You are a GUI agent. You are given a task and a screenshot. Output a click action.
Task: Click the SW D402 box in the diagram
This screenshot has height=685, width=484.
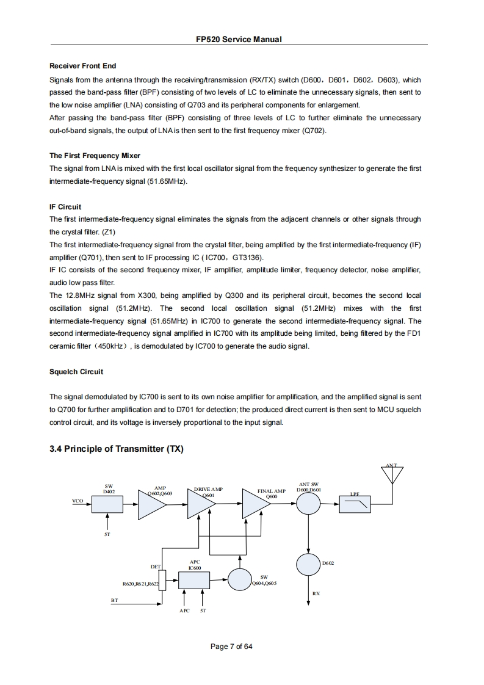click(x=108, y=504)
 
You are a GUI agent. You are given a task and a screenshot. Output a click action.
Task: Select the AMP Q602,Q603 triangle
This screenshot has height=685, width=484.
click(x=151, y=504)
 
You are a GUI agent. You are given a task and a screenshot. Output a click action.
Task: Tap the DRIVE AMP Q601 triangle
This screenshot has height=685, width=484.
click(x=198, y=504)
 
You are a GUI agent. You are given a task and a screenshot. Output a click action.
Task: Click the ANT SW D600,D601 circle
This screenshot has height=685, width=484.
click(x=309, y=504)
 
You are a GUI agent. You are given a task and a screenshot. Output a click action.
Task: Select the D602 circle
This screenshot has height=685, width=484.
click(x=308, y=563)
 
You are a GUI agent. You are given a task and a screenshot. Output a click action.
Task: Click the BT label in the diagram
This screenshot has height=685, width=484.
click(x=114, y=600)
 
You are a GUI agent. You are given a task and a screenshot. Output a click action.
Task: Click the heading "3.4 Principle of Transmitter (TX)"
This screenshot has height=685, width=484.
click(x=116, y=449)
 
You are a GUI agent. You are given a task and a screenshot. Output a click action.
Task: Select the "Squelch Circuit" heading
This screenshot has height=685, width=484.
click(x=76, y=372)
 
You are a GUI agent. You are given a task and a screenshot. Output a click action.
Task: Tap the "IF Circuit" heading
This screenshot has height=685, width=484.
click(x=65, y=207)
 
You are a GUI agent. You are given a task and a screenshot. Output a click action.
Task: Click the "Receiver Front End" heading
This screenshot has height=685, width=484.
click(x=82, y=66)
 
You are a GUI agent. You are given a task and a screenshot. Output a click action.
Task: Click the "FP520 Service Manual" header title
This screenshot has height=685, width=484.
click(x=239, y=39)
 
